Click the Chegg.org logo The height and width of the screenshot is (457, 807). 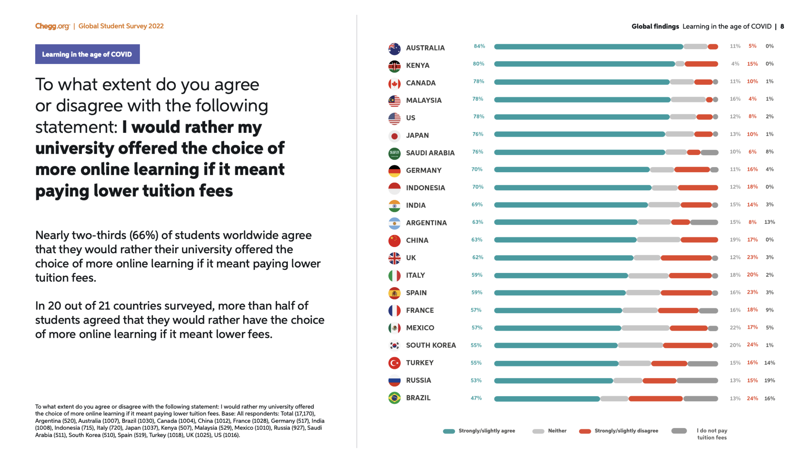click(x=52, y=26)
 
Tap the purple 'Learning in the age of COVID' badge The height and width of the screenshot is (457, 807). click(x=87, y=54)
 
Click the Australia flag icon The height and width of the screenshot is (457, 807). click(x=394, y=48)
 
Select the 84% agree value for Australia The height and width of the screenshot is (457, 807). click(x=479, y=46)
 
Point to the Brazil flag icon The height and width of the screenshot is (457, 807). click(x=394, y=398)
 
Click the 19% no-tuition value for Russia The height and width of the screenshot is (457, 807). click(x=769, y=380)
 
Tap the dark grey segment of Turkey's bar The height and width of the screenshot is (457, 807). click(x=702, y=363)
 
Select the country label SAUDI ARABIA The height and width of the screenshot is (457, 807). click(x=430, y=153)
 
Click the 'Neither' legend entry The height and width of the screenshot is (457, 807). click(x=557, y=431)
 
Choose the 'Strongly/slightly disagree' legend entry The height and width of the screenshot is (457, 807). click(x=626, y=431)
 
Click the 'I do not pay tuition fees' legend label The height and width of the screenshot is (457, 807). click(x=711, y=434)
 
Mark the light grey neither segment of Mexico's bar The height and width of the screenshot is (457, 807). click(x=645, y=328)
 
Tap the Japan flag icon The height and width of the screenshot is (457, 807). click(x=394, y=136)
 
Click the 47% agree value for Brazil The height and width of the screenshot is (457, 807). click(x=476, y=398)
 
